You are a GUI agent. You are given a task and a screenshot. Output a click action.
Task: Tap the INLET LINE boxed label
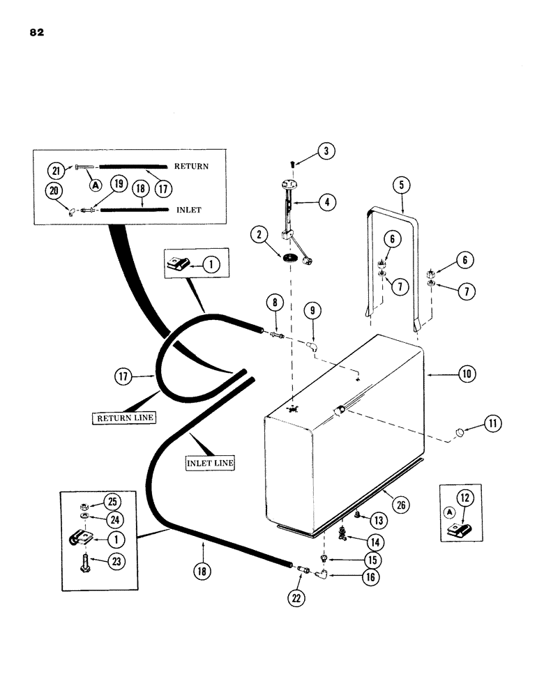tap(210, 461)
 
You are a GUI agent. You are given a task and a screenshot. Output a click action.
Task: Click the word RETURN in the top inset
tap(191, 167)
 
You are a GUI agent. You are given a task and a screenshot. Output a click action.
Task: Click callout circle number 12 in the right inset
tap(464, 496)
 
